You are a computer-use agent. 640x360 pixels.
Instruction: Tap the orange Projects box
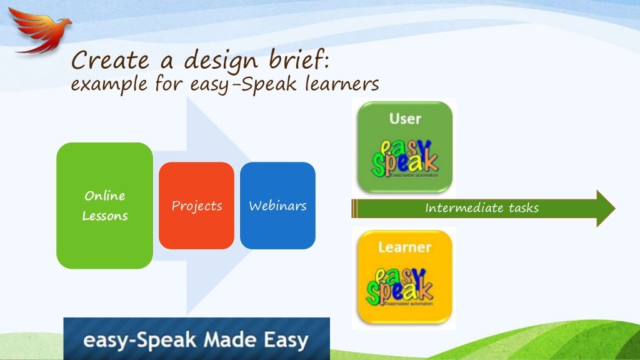(196, 206)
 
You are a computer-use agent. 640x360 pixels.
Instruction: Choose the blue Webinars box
(277, 206)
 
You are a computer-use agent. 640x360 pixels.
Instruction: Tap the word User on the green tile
(405, 118)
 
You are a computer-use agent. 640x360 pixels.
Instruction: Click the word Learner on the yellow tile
(404, 247)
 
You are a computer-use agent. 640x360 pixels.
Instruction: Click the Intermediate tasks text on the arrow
(481, 208)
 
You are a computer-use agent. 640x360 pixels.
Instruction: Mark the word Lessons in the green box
(105, 216)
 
